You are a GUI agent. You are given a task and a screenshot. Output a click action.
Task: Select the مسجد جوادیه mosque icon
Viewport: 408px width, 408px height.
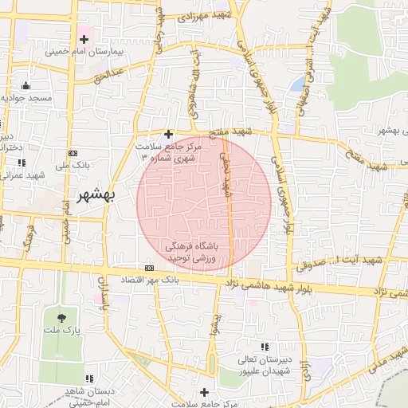coord(26,85)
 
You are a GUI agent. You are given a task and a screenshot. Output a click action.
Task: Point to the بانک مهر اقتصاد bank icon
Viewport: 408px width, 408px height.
coord(149,268)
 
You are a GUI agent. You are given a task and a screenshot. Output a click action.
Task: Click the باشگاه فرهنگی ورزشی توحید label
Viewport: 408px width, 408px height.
coord(197,253)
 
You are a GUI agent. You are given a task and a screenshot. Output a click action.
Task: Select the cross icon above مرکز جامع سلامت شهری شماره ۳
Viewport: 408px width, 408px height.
coord(167,135)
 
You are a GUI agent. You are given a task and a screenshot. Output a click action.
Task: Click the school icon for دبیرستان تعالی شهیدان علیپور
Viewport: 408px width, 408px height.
coord(265,346)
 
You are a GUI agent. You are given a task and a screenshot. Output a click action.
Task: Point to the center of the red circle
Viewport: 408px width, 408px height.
coord(203,203)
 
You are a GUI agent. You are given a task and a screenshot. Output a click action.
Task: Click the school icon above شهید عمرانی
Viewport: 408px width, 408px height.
coord(21,163)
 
